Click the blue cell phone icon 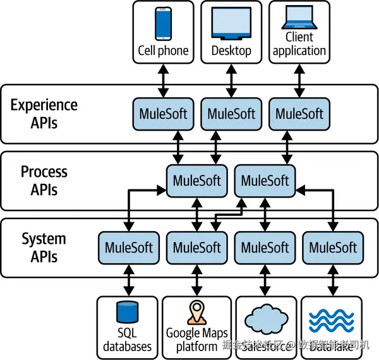coord(164,23)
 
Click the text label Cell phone coord(164,51)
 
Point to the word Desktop coord(231,51)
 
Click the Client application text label coord(299,44)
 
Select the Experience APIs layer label coord(44,113)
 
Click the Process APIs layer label coord(44,180)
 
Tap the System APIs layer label coord(44,247)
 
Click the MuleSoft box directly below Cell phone coord(164,114)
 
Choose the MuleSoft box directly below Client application coord(299,114)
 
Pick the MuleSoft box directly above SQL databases coord(129,247)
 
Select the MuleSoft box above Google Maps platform coord(197,247)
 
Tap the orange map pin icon coord(196,312)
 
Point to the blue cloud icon coord(265,318)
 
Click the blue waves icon coord(334,320)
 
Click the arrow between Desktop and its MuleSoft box coord(231,80)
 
